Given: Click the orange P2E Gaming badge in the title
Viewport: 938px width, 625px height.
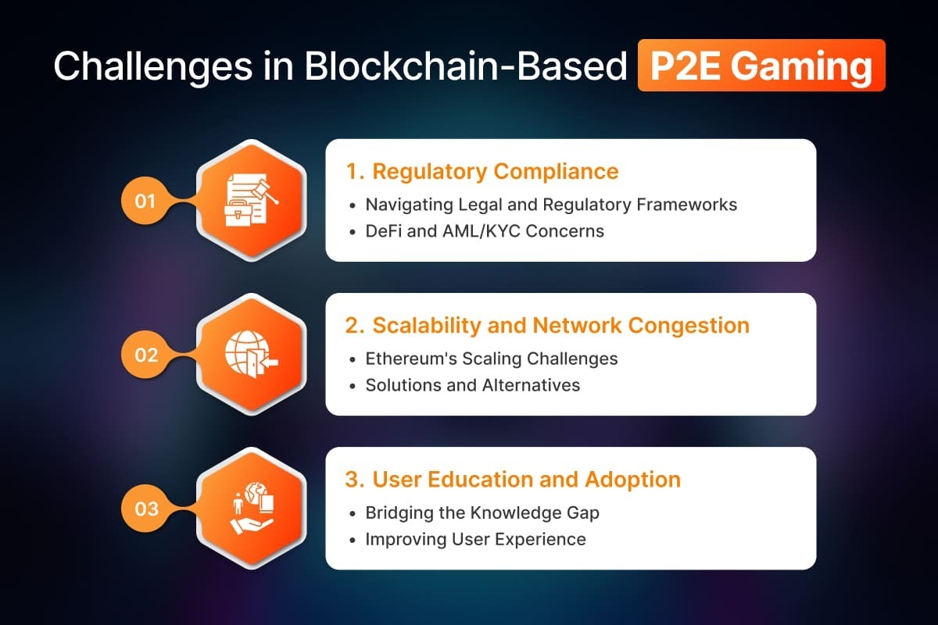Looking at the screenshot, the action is click(761, 66).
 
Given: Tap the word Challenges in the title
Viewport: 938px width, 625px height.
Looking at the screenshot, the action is click(153, 67).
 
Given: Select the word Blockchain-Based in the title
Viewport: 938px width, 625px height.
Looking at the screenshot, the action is click(466, 66).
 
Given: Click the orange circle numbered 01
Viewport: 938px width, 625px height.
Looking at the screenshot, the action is click(145, 201).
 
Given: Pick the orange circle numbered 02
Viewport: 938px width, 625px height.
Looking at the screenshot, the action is click(145, 355).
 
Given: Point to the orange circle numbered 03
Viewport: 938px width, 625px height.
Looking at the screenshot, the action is click(145, 509).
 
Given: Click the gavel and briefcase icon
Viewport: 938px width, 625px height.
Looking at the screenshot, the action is click(252, 200).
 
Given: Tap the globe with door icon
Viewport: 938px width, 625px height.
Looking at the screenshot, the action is click(252, 354).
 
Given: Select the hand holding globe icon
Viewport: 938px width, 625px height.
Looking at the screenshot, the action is click(252, 509).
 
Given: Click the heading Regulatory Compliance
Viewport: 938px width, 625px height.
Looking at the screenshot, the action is click(496, 172).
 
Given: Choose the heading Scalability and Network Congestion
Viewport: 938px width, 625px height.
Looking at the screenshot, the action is click(561, 325).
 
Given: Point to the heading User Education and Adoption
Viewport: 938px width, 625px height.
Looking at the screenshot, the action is click(526, 480).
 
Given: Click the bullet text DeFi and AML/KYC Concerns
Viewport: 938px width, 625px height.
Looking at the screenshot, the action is click(485, 231).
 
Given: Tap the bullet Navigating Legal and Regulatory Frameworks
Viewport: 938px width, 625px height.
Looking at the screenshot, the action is click(551, 205).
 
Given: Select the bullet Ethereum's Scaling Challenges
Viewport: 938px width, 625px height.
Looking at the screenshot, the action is click(492, 359).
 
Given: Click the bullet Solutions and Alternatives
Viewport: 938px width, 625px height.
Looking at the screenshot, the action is click(473, 385).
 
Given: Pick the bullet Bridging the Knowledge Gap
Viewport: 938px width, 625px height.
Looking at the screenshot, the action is click(482, 513).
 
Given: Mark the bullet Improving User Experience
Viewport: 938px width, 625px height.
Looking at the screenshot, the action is click(476, 540).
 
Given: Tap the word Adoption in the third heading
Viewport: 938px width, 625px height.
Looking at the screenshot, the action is click(633, 480).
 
